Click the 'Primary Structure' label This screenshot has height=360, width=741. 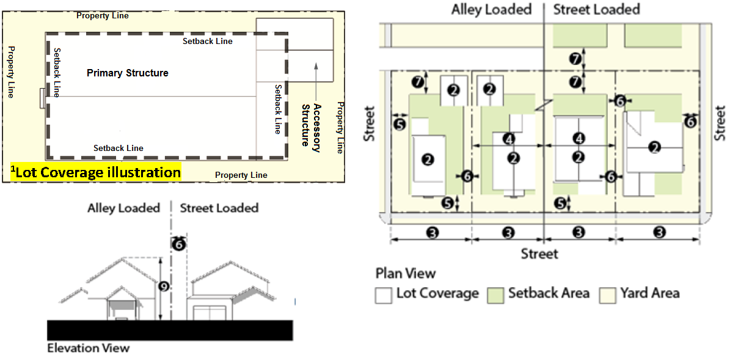(127, 73)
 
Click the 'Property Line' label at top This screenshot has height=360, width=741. (102, 15)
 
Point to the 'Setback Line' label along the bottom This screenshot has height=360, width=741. (118, 148)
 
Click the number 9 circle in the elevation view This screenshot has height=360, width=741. (163, 286)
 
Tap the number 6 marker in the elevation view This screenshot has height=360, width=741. (178, 244)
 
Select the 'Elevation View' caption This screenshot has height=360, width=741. (88, 348)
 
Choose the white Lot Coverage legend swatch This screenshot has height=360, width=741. (383, 295)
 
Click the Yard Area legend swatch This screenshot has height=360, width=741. (607, 295)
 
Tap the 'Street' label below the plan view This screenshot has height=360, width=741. (539, 253)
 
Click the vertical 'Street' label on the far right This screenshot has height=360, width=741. (721, 123)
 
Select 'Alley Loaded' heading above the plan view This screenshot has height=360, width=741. (491, 9)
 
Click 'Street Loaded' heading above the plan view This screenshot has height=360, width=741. (596, 9)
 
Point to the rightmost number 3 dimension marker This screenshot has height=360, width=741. (659, 232)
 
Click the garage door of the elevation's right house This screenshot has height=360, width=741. (210, 313)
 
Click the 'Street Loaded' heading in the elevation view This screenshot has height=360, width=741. (219, 208)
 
